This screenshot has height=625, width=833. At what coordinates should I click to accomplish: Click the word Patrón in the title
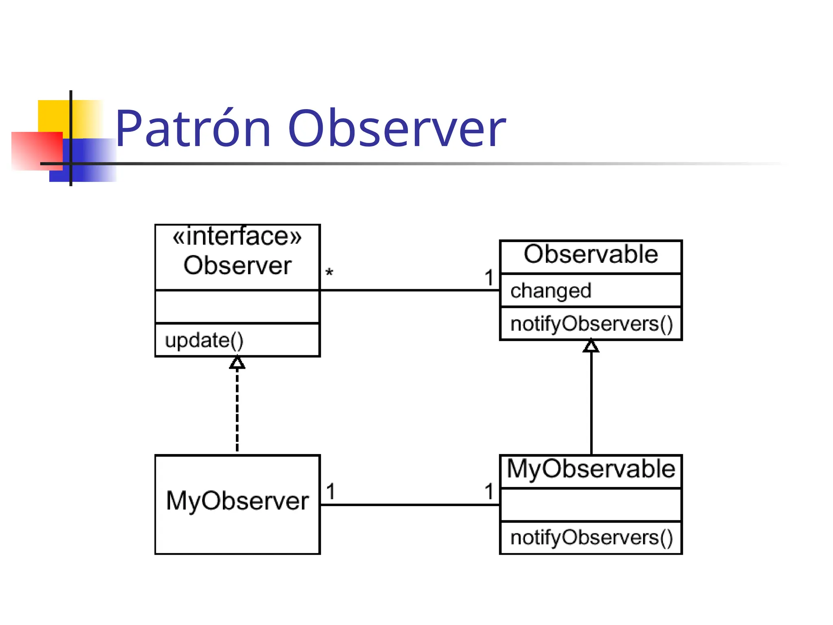(193, 129)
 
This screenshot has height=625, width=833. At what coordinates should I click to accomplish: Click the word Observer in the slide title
(397, 129)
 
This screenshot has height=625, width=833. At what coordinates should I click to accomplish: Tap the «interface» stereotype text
(237, 236)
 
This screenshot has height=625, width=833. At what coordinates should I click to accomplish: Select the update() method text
(204, 341)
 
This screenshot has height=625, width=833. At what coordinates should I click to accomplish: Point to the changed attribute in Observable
(550, 291)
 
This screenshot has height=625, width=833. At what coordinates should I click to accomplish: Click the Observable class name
(591, 255)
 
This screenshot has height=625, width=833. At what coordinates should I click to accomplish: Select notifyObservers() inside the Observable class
(591, 324)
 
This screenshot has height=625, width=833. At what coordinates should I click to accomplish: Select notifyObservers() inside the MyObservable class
(591, 538)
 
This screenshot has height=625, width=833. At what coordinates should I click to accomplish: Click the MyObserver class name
(237, 501)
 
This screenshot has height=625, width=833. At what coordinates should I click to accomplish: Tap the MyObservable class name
(591, 469)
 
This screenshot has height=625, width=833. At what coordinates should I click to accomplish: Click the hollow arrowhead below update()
(237, 363)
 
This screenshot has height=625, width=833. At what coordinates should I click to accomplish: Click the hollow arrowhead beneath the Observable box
(591, 346)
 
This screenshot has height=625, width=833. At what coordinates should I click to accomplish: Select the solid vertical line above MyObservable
(591, 403)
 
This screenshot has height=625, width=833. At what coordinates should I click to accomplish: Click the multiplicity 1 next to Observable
(489, 278)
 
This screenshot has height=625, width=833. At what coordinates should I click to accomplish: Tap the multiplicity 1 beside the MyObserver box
(331, 492)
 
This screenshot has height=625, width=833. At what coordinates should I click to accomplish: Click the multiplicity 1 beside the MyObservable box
(489, 492)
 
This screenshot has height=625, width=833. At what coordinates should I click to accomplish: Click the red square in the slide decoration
(37, 151)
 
